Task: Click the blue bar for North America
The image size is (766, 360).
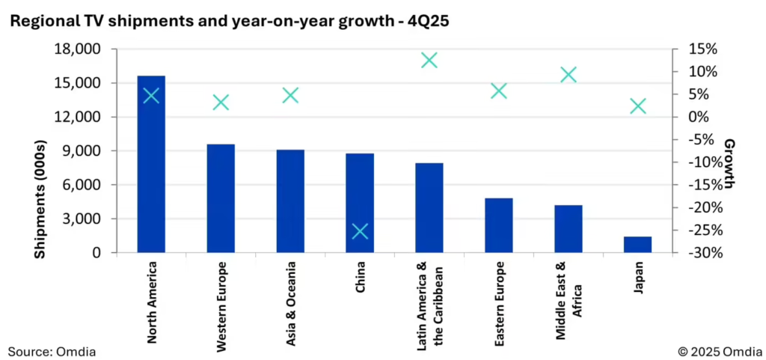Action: point(151,172)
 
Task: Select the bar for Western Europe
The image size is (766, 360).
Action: point(221,198)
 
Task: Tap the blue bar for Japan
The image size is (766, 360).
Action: point(637,245)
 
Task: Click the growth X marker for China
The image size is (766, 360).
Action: point(360,231)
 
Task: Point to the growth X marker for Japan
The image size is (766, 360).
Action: point(637,106)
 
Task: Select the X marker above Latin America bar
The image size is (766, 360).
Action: point(429,61)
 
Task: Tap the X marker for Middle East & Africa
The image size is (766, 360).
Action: point(569,75)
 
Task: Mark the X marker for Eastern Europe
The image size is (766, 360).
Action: point(499,91)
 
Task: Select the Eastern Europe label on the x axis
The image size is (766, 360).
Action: point(499,304)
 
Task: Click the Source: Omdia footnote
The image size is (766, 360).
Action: point(52,350)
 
